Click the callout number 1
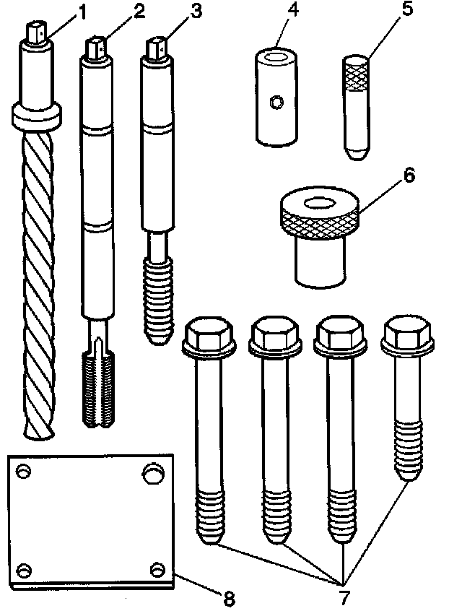click(82, 12)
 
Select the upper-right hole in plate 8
click(152, 473)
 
